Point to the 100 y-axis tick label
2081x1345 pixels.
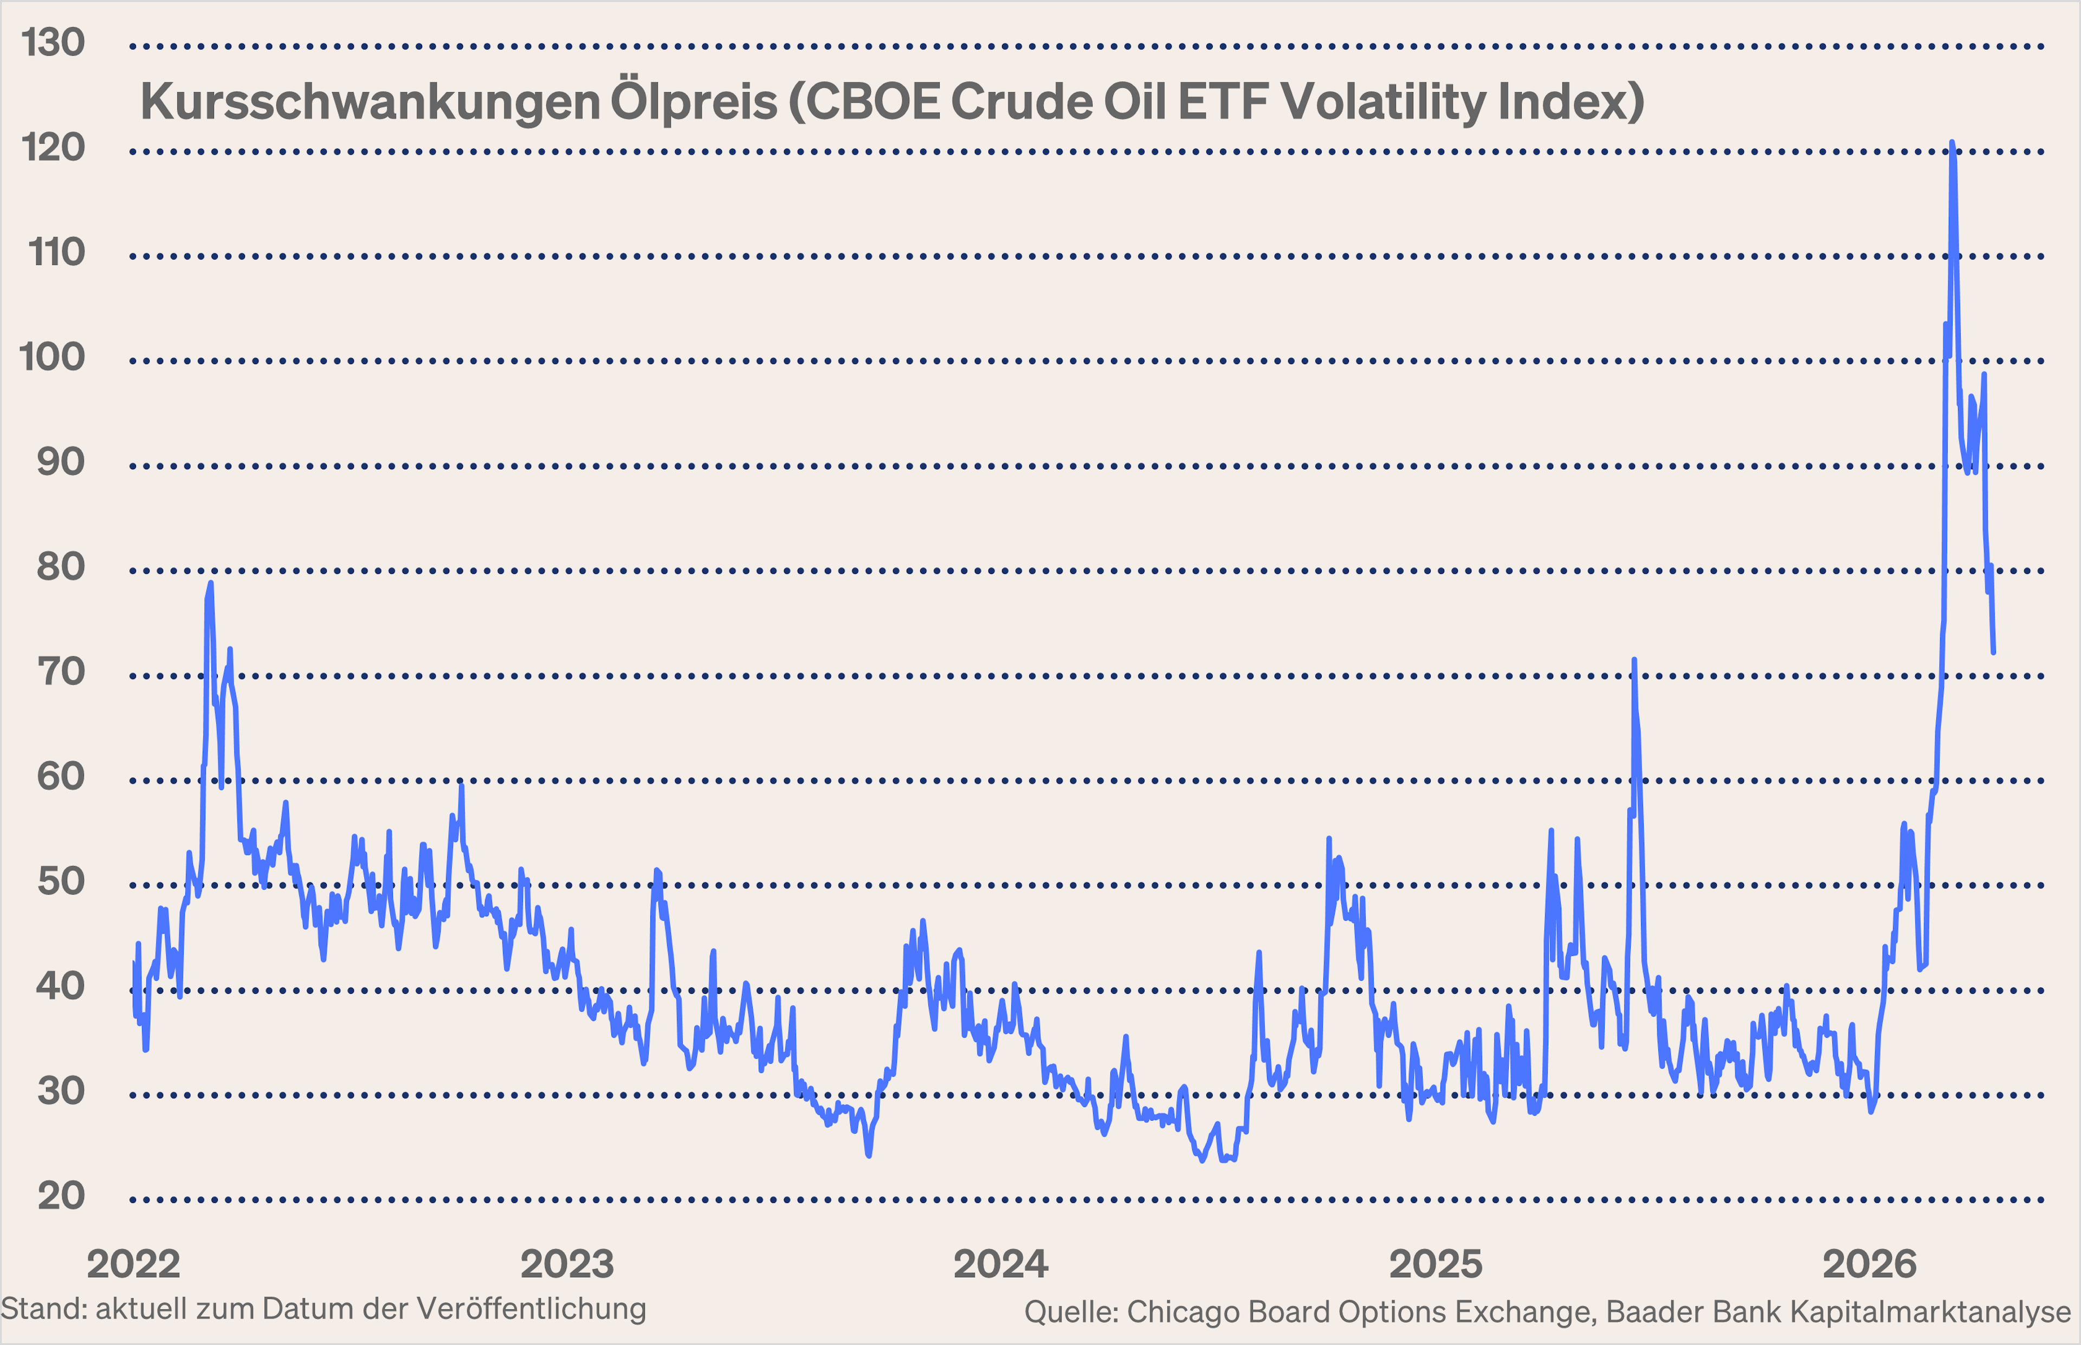53,357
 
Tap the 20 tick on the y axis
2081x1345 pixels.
61,1195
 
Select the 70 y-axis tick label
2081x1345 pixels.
61,671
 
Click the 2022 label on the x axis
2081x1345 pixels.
134,1264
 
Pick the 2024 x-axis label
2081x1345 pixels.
1001,1264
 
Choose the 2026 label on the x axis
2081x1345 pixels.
1870,1264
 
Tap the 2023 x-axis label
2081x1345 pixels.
567,1264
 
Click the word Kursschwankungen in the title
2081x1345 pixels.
370,102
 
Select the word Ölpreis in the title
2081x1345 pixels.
693,102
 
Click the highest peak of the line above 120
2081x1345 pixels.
1952,143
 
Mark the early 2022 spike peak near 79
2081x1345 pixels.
210,584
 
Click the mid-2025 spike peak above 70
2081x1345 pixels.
1634,660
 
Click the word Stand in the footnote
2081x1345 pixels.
42,1308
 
